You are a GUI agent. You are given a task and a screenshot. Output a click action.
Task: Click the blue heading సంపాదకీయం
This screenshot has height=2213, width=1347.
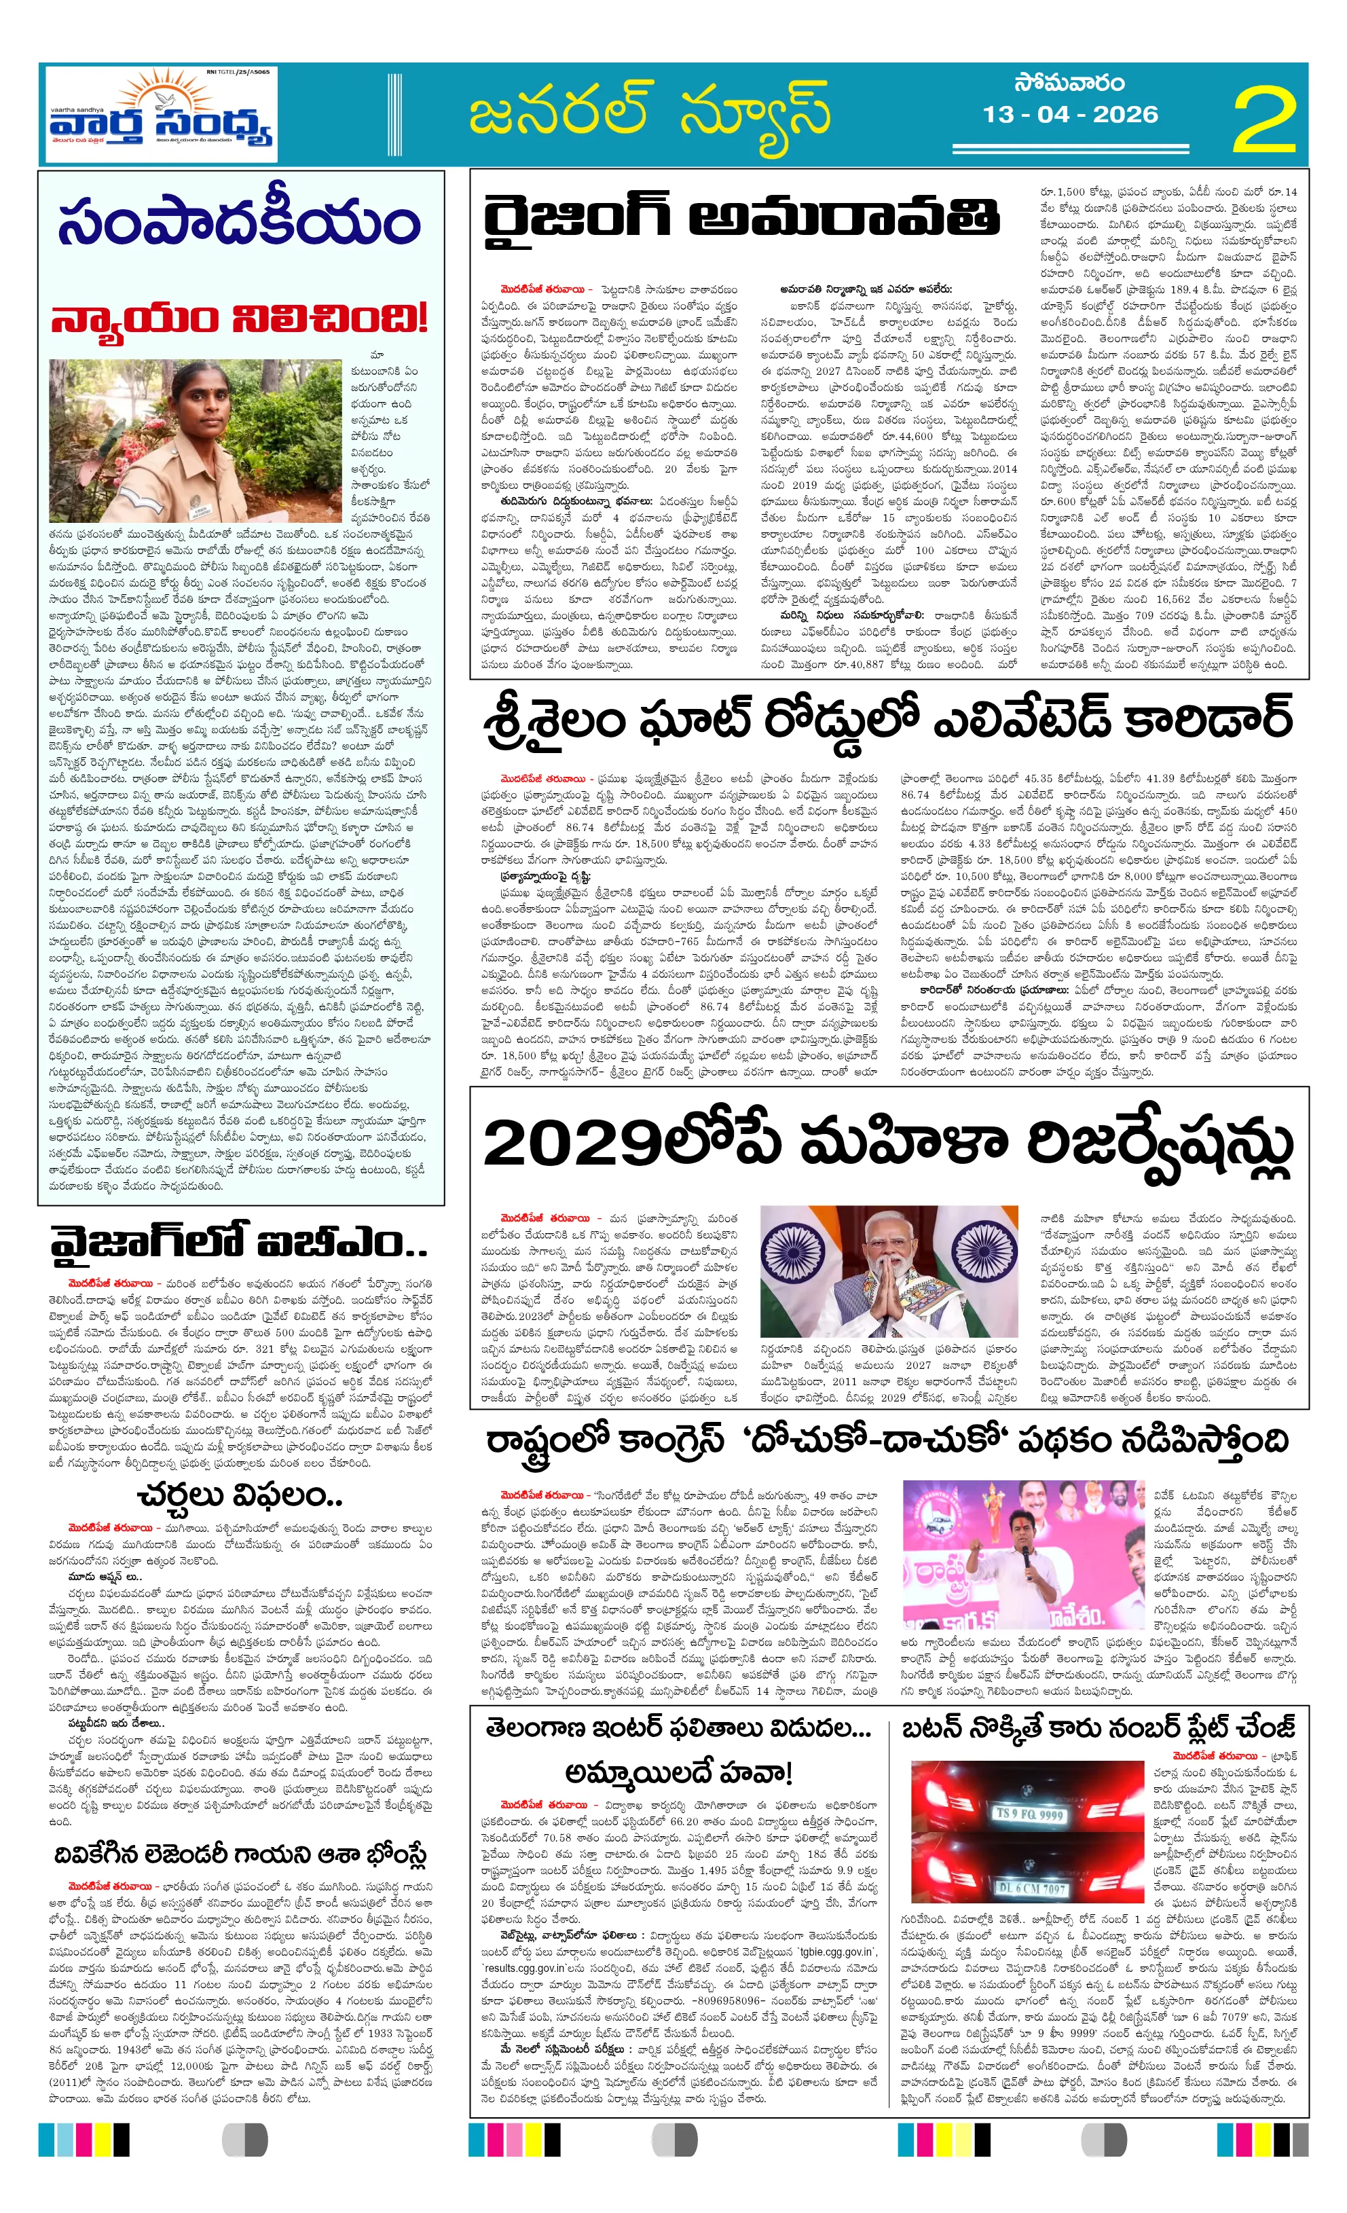coord(239,223)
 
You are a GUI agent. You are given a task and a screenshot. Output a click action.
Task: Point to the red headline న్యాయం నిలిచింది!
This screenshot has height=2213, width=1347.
coord(239,317)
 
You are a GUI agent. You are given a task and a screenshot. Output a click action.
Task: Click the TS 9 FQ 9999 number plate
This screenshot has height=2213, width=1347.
coord(1028,1815)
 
